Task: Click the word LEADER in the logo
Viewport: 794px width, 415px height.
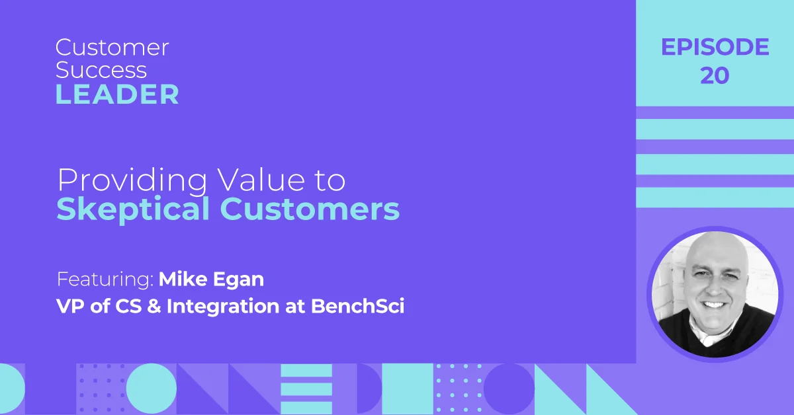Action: (x=117, y=94)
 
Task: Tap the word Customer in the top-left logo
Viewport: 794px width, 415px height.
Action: (x=112, y=48)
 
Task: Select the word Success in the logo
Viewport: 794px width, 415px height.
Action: (x=101, y=70)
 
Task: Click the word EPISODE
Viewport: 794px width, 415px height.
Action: (x=715, y=47)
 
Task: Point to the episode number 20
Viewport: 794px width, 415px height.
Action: (x=715, y=75)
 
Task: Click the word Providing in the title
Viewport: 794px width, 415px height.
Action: (x=132, y=181)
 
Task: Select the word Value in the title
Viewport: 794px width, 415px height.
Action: (x=261, y=180)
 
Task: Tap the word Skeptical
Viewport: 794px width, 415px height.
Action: (x=133, y=209)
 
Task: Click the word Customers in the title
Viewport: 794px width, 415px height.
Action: (x=310, y=209)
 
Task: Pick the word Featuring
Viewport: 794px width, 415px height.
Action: (x=105, y=280)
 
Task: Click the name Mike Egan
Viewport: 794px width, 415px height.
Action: (x=211, y=279)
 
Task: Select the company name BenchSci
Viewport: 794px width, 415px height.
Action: (x=358, y=306)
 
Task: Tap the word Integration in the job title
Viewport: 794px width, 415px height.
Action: (x=223, y=306)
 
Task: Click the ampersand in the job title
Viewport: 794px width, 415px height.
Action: (x=154, y=306)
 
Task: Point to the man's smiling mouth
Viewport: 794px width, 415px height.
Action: (x=713, y=305)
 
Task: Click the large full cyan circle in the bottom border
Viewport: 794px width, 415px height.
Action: (x=152, y=389)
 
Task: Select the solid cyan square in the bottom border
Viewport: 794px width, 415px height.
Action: (x=408, y=389)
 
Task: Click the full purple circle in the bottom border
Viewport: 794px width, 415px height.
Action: (x=509, y=389)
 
